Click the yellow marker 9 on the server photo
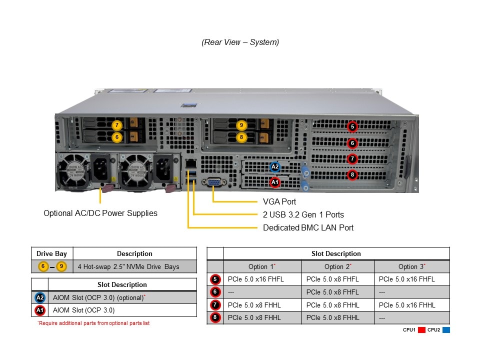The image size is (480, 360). click(x=241, y=125)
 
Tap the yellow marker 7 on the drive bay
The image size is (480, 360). click(x=116, y=125)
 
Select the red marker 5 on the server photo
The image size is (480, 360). click(x=352, y=127)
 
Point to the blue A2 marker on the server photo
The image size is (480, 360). click(x=274, y=167)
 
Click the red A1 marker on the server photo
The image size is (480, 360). click(x=274, y=182)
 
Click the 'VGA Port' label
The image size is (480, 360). click(x=279, y=201)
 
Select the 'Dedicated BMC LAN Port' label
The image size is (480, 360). click(x=308, y=227)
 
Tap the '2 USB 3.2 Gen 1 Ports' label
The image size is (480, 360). click(x=303, y=214)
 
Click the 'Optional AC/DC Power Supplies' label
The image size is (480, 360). click(x=100, y=213)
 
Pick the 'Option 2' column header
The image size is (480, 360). click(x=337, y=266)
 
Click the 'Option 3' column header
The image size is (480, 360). click(x=411, y=266)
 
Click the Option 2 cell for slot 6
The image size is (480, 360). click(x=332, y=292)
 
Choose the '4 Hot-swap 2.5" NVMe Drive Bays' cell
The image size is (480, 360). click(x=128, y=266)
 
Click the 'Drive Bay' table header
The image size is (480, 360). click(x=51, y=253)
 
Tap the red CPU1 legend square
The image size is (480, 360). click(x=421, y=330)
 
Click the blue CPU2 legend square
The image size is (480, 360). click(x=446, y=330)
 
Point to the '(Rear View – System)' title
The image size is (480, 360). click(x=240, y=42)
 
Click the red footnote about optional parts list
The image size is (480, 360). click(x=93, y=323)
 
